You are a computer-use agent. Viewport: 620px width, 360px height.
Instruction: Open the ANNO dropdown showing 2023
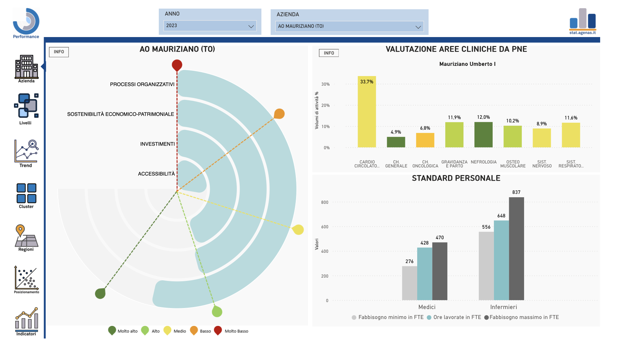[x=210, y=26]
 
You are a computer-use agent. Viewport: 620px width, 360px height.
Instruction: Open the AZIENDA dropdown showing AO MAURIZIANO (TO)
[x=349, y=26]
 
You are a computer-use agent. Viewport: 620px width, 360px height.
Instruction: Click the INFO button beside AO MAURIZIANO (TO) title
[x=59, y=52]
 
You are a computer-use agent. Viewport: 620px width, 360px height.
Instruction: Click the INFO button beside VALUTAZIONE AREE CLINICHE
[x=329, y=53]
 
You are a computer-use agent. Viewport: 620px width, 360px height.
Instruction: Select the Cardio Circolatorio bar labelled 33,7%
[x=367, y=112]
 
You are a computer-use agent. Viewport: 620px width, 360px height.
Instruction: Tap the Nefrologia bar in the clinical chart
[x=483, y=135]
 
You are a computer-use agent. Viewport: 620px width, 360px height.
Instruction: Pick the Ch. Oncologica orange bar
[x=425, y=140]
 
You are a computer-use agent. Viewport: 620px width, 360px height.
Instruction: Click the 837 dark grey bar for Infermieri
[x=516, y=249]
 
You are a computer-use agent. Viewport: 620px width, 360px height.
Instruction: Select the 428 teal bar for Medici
[x=425, y=274]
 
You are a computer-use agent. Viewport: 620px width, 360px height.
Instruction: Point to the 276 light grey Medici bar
[x=410, y=283]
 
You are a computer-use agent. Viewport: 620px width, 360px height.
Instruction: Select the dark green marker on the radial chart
[x=100, y=293]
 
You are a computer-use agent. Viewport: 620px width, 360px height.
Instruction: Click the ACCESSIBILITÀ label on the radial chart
[x=156, y=174]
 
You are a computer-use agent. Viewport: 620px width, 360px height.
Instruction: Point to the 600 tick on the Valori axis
[x=325, y=227]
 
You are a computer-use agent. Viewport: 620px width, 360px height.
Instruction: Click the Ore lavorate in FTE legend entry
[x=454, y=317]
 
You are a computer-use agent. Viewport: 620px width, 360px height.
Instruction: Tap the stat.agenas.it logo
[x=583, y=22]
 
